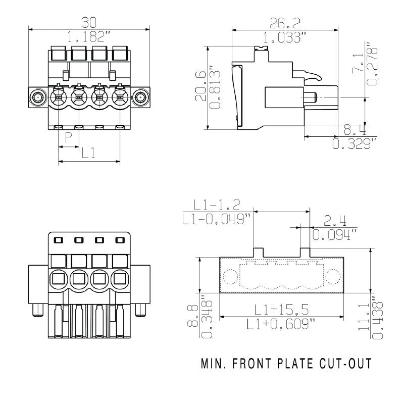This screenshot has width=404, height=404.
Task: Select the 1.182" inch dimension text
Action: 89,36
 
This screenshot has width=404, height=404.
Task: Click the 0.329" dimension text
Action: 354,144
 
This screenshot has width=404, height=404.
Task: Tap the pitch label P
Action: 68,138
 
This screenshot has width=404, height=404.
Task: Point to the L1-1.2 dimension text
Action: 217,205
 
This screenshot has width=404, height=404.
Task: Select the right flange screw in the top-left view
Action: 141,96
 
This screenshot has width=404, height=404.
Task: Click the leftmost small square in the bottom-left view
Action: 58,240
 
